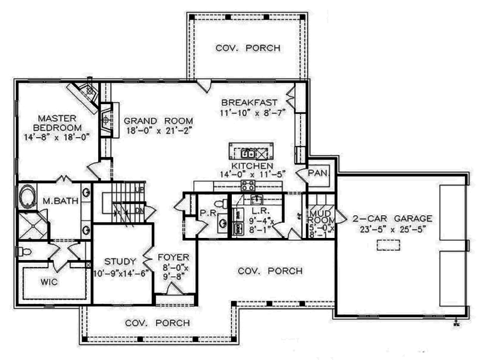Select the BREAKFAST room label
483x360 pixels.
pos(249,102)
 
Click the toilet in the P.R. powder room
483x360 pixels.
pos(222,203)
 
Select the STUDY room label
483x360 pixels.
pos(120,262)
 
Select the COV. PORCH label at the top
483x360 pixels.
pos(247,48)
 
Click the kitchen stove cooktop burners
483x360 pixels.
pos(248,185)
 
